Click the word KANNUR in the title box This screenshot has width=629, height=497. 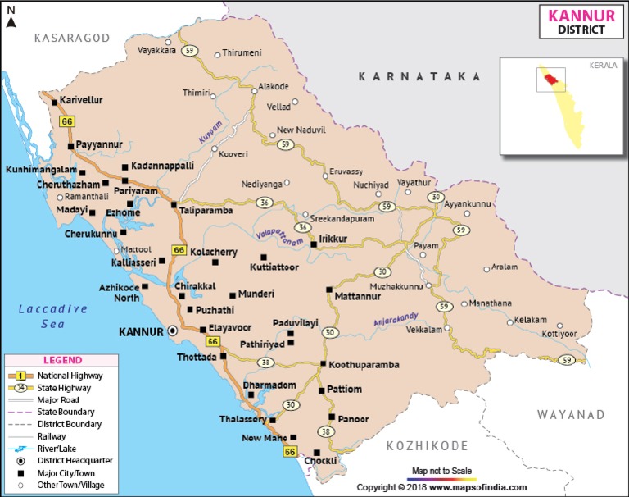point(572,16)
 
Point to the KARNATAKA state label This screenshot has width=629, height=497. point(419,76)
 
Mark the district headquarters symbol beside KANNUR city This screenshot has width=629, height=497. point(173,331)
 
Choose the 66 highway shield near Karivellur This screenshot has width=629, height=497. point(67,121)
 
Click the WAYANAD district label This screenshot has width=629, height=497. point(570,415)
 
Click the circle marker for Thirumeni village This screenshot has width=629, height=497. point(216,54)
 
